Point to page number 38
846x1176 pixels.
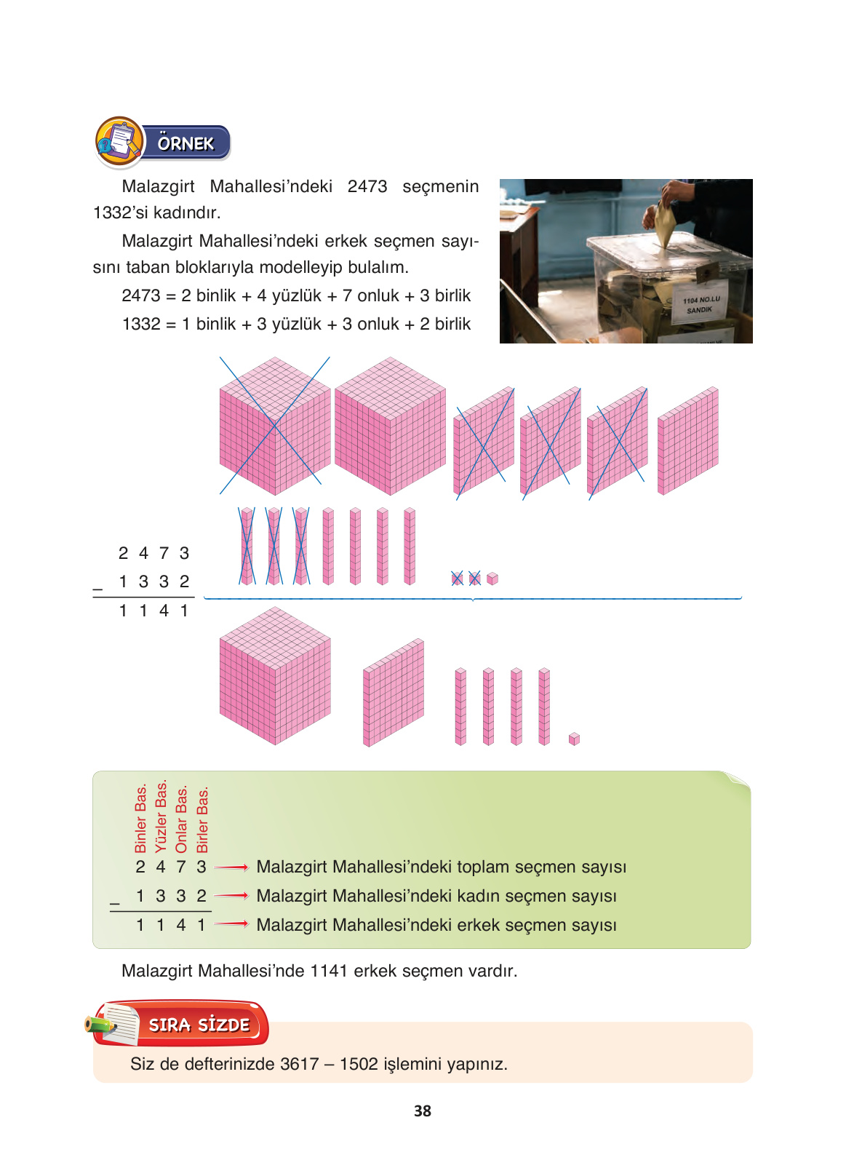423,1111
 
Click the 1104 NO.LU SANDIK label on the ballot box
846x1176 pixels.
701,305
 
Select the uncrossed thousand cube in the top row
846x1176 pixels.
390,426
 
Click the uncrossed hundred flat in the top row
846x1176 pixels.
688,441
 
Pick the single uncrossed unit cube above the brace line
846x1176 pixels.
492,579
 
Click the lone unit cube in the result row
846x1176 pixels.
574,739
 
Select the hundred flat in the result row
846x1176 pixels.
394,693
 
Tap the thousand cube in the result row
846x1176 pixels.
275,675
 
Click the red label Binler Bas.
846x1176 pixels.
140,819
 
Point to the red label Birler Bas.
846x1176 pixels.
202,819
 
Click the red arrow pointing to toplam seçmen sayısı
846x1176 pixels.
231,867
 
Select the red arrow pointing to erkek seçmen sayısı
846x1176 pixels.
231,923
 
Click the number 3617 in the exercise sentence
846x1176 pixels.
300,1064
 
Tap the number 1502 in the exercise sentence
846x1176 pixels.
359,1064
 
